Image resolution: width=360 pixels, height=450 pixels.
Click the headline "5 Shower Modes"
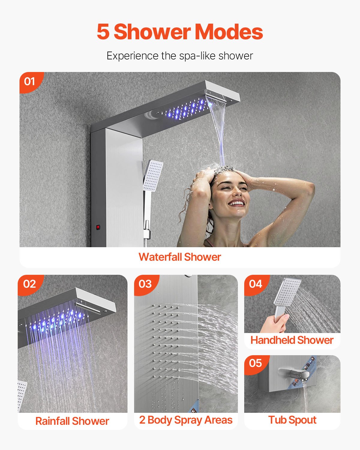coord(180,32)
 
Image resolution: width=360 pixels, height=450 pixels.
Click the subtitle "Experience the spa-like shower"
coord(180,56)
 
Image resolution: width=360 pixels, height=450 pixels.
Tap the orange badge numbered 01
coord(30,81)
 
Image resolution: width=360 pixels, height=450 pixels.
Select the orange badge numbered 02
coord(29,284)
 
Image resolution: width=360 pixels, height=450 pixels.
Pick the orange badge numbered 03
coord(145,284)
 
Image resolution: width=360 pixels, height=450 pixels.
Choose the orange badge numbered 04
coord(256,284)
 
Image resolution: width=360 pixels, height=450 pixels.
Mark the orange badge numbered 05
coord(256,363)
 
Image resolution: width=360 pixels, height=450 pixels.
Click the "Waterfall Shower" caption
coord(180,257)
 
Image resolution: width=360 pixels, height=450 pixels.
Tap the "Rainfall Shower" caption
coord(72,421)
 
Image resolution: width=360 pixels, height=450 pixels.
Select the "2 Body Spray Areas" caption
coord(186,420)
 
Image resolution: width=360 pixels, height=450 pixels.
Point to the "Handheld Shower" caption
coord(292,340)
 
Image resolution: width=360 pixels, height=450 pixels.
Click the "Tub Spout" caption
coord(292,420)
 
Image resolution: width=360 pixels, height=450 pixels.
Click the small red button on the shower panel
coord(98,227)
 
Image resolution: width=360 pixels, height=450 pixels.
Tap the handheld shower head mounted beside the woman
coord(153,175)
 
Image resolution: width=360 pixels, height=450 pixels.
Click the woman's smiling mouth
coord(237,203)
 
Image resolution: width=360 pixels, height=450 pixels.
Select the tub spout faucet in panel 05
coord(294,373)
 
